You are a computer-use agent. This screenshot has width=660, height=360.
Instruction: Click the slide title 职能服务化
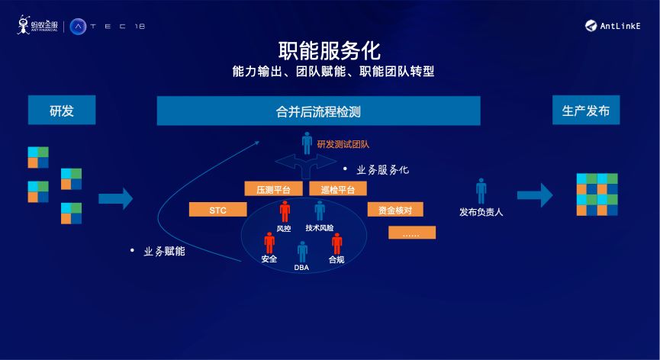330,51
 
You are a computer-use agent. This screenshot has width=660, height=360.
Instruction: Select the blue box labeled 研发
62,111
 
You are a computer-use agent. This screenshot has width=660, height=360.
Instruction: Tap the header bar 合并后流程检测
318,111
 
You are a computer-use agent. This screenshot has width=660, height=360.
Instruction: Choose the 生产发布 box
586,111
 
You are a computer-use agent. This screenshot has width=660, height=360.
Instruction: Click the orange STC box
218,209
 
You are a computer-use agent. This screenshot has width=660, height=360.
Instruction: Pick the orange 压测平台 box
273,188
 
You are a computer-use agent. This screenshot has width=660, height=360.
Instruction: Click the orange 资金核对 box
395,209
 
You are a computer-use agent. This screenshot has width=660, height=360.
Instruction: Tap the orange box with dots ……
411,233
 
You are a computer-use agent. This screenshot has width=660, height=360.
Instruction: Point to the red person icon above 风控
285,211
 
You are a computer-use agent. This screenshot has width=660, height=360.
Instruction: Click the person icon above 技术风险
320,211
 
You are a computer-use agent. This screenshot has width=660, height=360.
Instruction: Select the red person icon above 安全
269,243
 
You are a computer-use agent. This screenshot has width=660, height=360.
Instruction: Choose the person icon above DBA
302,251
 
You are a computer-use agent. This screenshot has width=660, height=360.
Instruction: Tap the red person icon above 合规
337,243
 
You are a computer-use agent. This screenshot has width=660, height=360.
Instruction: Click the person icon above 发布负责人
481,191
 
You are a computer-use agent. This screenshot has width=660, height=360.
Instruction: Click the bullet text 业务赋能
164,251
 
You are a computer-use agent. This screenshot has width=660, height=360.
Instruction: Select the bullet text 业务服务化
382,169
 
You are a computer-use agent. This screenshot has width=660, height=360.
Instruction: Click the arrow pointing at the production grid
534,194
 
